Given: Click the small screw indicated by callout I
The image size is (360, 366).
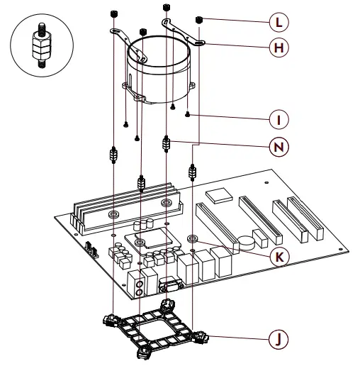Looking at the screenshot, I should (187, 113).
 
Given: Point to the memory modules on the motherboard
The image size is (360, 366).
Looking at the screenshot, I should (124, 204).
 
